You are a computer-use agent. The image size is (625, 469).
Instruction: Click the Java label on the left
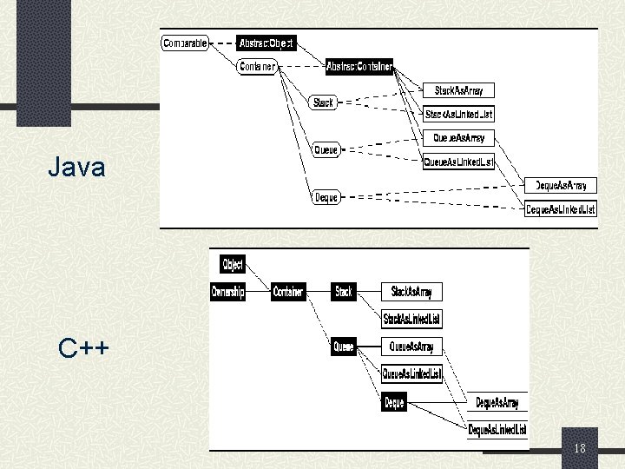tap(77, 167)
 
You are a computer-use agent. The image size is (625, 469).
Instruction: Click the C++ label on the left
tap(84, 349)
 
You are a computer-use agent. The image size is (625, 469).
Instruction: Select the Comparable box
tap(185, 43)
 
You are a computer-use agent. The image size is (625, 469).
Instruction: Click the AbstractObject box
tap(266, 43)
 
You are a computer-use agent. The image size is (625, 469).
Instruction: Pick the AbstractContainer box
tap(359, 66)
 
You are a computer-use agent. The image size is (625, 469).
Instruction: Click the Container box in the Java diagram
tap(257, 66)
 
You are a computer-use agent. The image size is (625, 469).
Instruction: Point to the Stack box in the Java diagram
tap(323, 102)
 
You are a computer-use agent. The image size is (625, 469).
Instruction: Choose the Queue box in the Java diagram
tap(326, 150)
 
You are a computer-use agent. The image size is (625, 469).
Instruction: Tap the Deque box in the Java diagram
tap(326, 197)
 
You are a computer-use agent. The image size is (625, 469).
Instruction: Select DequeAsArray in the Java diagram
tap(561, 185)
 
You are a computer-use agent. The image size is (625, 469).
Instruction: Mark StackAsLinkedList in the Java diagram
tap(458, 114)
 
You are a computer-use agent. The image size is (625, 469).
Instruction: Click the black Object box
tap(233, 264)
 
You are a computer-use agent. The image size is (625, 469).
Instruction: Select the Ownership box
tap(228, 292)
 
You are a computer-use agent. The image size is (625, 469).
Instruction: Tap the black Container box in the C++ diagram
tap(288, 292)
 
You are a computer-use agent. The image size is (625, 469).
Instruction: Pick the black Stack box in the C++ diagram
tap(344, 292)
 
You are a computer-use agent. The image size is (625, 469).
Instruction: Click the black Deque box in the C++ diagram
tap(394, 403)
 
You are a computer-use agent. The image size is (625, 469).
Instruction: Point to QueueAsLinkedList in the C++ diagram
tap(412, 374)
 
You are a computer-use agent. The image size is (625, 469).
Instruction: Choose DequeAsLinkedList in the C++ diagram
tap(497, 430)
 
